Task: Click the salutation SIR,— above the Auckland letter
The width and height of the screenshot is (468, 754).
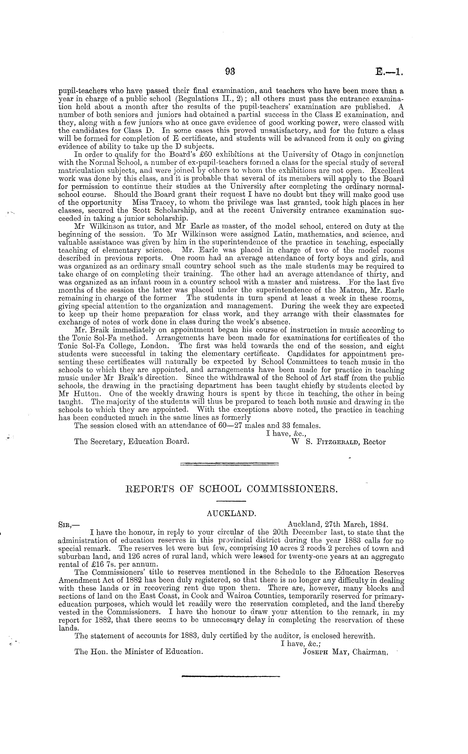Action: click(x=69, y=525)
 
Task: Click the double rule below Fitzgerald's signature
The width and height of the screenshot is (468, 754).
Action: click(x=229, y=464)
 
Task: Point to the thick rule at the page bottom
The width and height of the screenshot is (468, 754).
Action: click(x=231, y=677)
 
